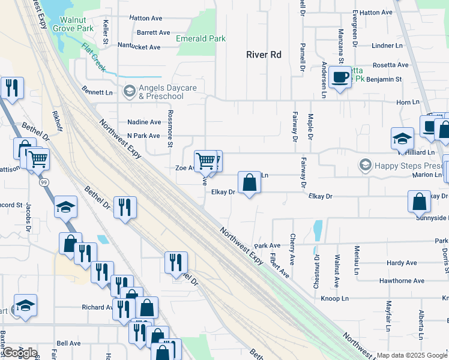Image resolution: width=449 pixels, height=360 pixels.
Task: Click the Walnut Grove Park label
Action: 73,23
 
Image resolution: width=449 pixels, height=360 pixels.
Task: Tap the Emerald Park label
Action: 200,38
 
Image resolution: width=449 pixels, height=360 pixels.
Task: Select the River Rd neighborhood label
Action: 264,55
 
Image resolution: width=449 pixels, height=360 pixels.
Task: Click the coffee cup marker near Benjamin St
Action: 340,77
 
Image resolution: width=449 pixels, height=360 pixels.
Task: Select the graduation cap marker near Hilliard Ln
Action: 402,139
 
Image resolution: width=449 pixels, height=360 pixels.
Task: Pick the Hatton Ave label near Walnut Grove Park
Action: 146,19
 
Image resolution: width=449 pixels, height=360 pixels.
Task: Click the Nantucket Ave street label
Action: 139,46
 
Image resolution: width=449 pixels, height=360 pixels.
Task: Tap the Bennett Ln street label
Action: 97,92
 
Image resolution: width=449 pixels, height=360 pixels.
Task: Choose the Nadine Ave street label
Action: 144,122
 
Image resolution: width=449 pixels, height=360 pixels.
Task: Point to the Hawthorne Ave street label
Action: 402,280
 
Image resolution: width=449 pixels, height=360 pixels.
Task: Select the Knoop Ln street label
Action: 334,298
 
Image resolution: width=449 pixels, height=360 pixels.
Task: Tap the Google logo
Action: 19,352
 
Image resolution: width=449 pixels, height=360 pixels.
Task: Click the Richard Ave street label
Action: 97,307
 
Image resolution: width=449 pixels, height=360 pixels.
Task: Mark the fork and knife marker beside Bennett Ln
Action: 12,88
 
